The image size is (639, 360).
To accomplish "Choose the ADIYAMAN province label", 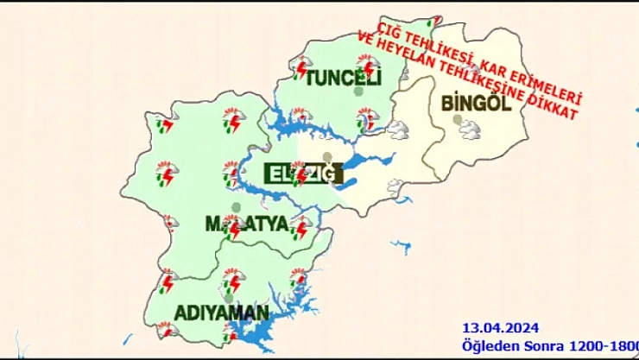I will click(221, 311).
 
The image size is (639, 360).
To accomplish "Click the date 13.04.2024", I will click(501, 327).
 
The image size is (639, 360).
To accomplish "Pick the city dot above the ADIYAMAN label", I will click(229, 295).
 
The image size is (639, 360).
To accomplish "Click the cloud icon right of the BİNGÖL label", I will click(471, 130).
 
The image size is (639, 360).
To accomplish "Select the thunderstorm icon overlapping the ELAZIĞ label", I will click(298, 174).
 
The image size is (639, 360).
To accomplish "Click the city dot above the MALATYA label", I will click(236, 206).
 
